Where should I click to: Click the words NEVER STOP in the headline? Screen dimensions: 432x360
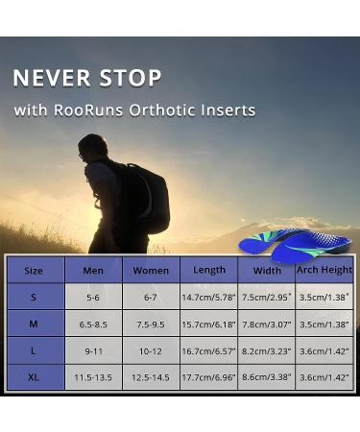coord(86,78)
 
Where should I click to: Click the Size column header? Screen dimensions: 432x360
coord(34,271)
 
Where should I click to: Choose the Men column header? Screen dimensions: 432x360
coord(93,271)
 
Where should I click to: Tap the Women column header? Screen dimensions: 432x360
coord(151,271)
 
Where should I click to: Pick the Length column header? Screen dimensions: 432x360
coord(208,270)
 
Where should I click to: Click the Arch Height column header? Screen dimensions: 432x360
coord(324,270)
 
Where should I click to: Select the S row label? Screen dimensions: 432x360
coord(34,298)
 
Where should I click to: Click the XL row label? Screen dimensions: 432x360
coord(34,377)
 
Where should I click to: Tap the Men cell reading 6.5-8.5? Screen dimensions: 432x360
coord(93,324)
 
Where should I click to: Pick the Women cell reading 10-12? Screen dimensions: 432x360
coord(151,351)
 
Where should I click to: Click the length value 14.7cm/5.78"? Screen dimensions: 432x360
coord(208,298)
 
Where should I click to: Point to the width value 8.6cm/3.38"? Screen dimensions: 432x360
coord(266,377)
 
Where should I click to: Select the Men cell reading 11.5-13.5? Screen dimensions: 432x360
coord(93,377)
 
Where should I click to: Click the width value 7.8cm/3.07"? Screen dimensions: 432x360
coord(266,324)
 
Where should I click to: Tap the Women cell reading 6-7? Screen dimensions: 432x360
coord(151,298)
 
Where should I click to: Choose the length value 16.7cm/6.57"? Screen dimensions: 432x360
coord(208,351)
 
